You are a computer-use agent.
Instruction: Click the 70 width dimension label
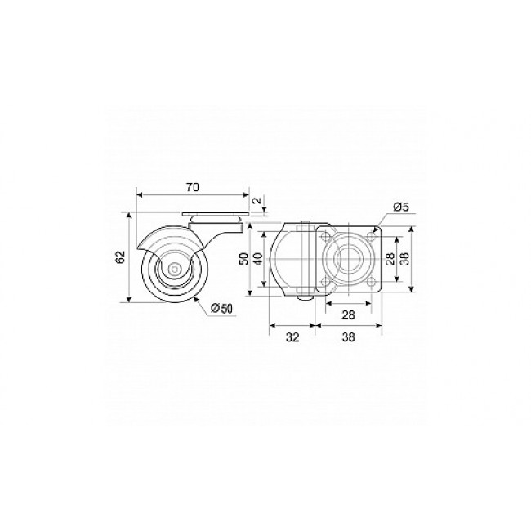pos(193,187)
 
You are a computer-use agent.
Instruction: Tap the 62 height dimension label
pos(120,257)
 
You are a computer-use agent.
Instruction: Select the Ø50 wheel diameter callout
pos(221,308)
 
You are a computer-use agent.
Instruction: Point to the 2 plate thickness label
pos(257,200)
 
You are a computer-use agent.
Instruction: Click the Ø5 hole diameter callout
pos(401,206)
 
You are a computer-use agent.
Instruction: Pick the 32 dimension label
pos(292,337)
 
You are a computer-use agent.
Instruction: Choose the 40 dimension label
pos(258,260)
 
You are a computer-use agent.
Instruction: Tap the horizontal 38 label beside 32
pos(349,337)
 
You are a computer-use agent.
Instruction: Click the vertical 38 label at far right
pos(405,259)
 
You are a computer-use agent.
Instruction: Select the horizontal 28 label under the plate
pos(348,315)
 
